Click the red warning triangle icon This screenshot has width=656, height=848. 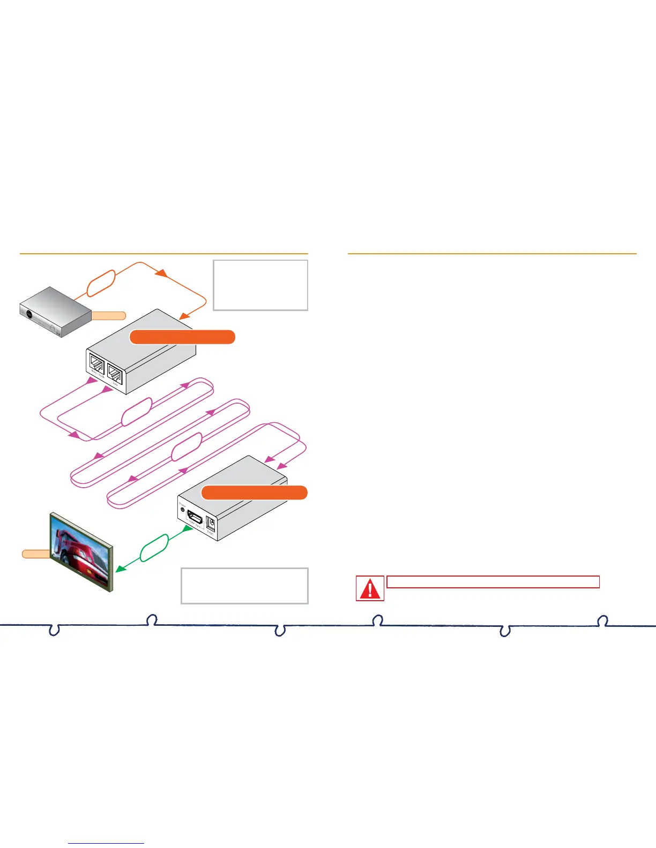[x=370, y=588]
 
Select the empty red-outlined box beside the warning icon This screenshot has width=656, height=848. [x=493, y=582]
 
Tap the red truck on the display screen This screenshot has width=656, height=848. [x=80, y=551]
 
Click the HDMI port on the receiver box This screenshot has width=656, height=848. [x=195, y=518]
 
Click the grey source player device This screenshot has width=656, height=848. [x=55, y=311]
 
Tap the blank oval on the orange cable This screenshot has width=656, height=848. [x=101, y=283]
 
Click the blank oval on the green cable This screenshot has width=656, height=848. [x=154, y=548]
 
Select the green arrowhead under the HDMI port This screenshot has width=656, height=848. [x=188, y=528]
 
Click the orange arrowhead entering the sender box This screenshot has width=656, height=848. [x=183, y=316]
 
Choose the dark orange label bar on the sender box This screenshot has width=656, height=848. [x=182, y=337]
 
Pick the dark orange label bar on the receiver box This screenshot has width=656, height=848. [x=254, y=493]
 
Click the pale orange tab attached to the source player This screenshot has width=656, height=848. [x=108, y=315]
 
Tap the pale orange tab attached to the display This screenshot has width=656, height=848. [x=36, y=554]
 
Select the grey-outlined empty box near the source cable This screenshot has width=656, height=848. [x=260, y=285]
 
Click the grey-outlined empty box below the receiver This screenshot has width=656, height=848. [x=244, y=586]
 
